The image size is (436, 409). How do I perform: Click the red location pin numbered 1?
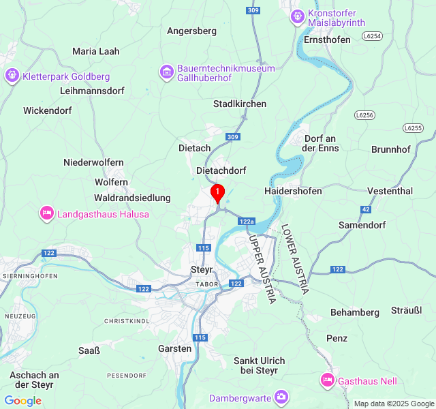[217, 193]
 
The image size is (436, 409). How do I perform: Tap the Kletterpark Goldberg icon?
[12, 75]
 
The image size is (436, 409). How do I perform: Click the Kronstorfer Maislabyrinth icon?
[297, 15]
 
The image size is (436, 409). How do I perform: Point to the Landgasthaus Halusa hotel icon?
[46, 213]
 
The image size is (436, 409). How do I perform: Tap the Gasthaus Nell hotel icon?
[328, 380]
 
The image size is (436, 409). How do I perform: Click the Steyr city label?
[202, 269]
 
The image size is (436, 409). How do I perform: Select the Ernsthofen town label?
[328, 40]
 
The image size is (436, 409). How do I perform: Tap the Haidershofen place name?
[293, 191]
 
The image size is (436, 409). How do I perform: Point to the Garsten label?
[174, 348]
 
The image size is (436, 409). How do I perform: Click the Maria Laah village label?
[95, 50]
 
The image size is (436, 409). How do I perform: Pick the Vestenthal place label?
[390, 191]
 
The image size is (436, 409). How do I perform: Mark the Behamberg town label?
[354, 312]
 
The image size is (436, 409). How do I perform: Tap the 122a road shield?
[247, 222]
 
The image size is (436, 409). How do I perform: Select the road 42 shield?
[366, 209]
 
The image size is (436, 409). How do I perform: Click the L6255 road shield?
[413, 127]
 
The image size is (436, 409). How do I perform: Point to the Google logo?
[22, 401]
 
